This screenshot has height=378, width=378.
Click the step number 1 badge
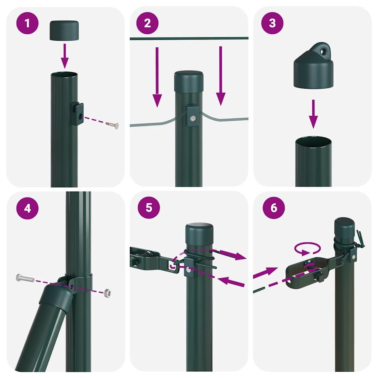click(x=27, y=23)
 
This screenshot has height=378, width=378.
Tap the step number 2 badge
click(x=148, y=23)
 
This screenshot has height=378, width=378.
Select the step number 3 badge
click(x=272, y=23)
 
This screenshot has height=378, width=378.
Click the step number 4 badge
click(x=27, y=208)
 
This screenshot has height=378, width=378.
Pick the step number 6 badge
click(x=274, y=207)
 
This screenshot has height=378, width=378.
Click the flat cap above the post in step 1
click(x=64, y=30)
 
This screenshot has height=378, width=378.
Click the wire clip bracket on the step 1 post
click(x=77, y=114)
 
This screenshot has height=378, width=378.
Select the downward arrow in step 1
click(x=65, y=55)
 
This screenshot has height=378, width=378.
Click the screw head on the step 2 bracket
click(x=193, y=118)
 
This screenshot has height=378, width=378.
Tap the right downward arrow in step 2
click(x=221, y=76)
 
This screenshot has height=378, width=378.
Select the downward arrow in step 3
click(x=313, y=113)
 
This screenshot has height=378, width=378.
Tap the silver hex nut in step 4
click(x=107, y=293)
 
